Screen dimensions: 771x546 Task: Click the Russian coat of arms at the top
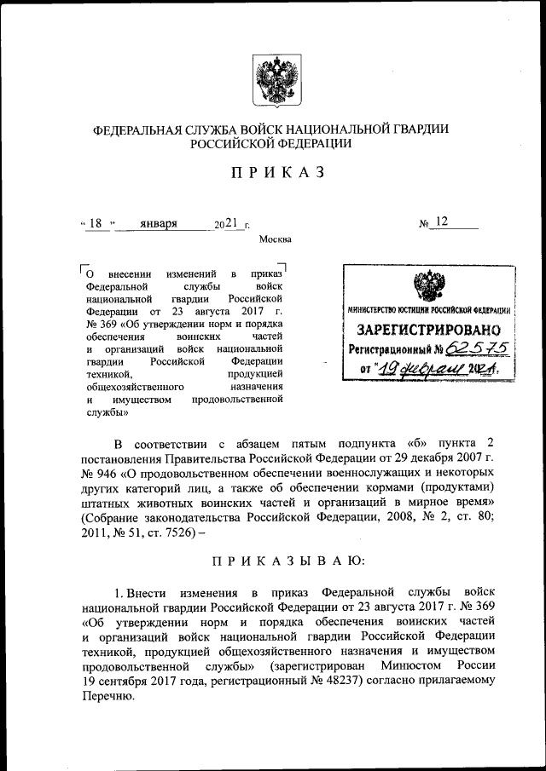click(x=272, y=80)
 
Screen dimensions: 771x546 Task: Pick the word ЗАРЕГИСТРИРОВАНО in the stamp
click(x=423, y=329)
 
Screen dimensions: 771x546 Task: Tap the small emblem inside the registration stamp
click(x=428, y=286)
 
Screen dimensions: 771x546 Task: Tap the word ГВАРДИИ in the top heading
click(x=416, y=129)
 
